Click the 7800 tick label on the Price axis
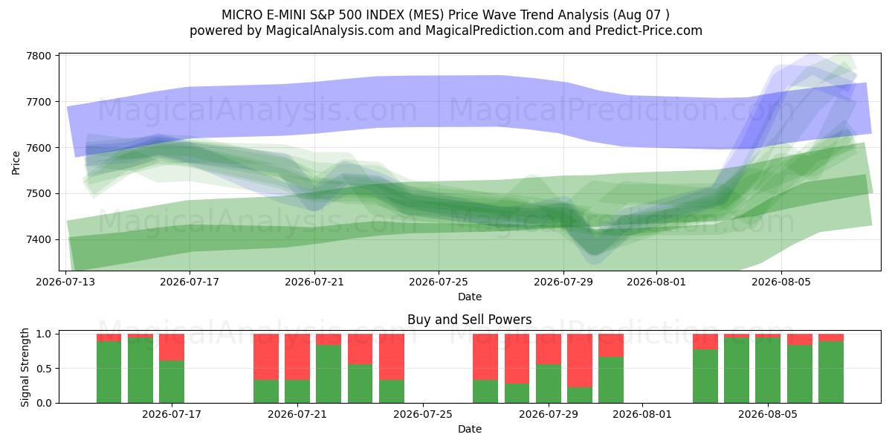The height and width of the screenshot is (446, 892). [39, 56]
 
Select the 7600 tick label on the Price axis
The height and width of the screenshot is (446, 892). [39, 148]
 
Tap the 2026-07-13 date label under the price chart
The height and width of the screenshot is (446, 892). [65, 282]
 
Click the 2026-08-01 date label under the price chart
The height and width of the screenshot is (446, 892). [656, 282]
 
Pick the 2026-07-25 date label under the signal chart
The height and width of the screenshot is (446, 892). [423, 415]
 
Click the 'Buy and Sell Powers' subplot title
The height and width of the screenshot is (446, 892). [470, 320]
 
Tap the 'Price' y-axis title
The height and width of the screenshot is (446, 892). [16, 163]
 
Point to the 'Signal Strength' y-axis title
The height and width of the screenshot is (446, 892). [25, 367]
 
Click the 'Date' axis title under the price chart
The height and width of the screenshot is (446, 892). [470, 297]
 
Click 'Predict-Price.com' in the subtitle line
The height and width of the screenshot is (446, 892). [649, 30]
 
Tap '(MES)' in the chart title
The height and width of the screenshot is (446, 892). [426, 15]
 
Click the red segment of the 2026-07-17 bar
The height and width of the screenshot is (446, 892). [172, 347]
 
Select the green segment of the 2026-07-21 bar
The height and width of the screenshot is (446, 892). [297, 392]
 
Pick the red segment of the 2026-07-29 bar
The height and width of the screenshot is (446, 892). [549, 349]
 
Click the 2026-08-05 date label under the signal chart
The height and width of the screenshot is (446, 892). [768, 415]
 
